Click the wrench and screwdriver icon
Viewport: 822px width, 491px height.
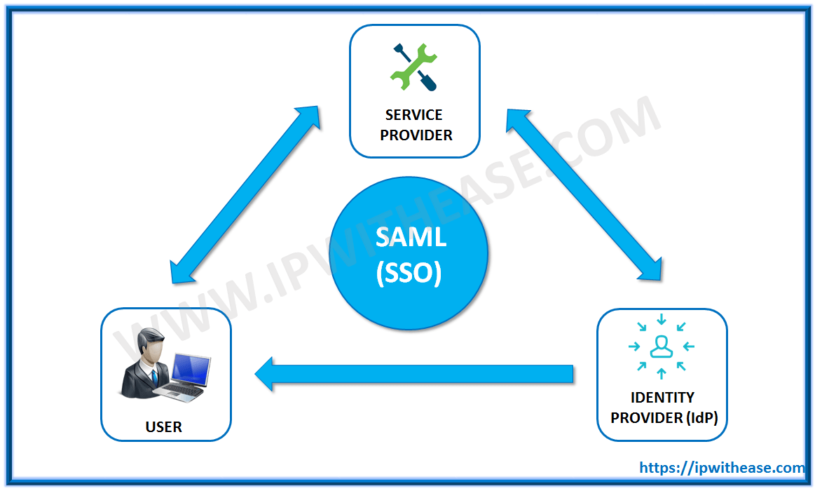[413, 67]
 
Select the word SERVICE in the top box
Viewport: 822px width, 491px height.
[414, 115]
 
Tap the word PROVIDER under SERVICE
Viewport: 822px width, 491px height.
[416, 135]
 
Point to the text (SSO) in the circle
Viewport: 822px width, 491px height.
[409, 271]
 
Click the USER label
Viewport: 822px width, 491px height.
[164, 426]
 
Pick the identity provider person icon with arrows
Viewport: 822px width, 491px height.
[661, 347]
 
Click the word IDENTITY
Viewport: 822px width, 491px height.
[662, 398]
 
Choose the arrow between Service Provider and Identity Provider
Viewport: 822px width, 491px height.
[582, 195]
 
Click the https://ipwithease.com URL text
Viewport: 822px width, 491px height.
[722, 468]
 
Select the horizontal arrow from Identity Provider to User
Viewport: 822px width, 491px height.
[420, 374]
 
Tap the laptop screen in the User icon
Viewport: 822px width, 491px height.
[191, 370]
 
